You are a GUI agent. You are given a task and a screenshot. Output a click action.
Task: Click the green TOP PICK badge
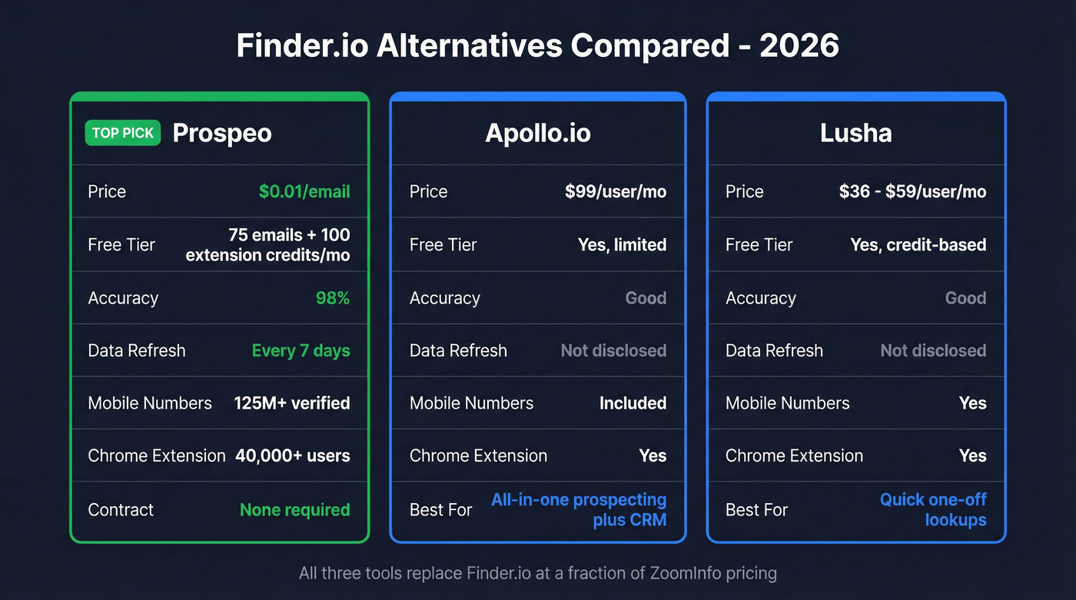point(123,133)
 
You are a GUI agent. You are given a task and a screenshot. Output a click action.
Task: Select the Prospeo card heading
point(222,133)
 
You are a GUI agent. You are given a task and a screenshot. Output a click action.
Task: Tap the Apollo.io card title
point(538,133)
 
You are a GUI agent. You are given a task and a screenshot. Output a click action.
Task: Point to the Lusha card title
point(855,133)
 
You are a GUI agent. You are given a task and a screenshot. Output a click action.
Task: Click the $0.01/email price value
point(304,191)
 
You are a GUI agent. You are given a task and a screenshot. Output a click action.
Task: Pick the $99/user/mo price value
point(616,191)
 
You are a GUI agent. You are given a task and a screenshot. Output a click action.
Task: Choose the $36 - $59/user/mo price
point(912,191)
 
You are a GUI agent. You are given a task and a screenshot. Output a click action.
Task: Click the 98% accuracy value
point(333,298)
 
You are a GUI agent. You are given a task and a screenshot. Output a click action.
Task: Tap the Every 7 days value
point(301,350)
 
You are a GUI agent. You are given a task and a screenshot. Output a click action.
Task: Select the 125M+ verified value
point(292,403)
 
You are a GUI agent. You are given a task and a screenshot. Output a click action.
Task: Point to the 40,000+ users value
point(293,456)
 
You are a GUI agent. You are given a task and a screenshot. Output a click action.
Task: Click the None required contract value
point(294,509)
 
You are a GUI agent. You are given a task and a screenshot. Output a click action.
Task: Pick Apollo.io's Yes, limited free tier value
point(622,245)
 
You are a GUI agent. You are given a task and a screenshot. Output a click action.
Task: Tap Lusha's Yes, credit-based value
point(918,245)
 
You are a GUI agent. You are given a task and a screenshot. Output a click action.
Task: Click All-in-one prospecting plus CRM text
point(579,509)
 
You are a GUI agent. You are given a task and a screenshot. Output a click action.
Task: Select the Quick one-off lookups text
point(933,509)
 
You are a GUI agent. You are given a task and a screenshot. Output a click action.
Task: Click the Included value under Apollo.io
point(633,403)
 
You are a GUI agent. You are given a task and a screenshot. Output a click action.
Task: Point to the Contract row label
point(121,509)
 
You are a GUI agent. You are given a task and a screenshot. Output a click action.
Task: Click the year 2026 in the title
point(799,46)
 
